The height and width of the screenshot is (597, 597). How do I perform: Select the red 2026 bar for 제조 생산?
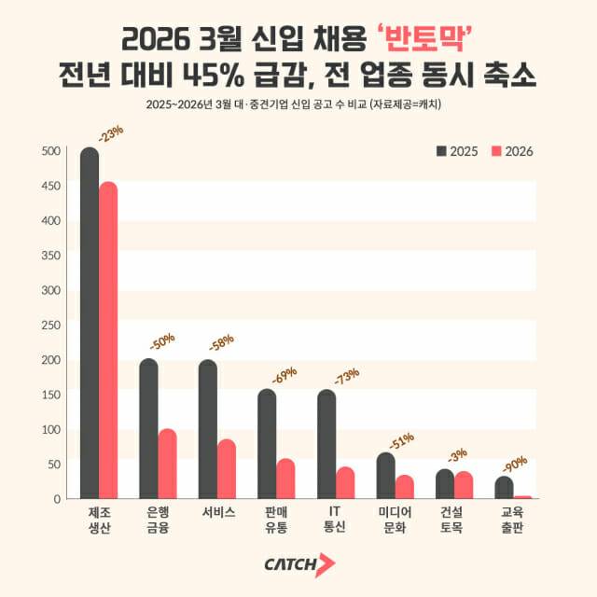point(108,340)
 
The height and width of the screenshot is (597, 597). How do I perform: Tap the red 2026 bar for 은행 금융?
point(167,465)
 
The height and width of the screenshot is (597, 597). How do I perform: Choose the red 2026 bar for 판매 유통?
point(285,479)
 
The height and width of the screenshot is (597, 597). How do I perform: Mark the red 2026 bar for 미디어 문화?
point(405,487)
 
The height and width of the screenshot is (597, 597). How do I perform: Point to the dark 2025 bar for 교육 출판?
point(504,488)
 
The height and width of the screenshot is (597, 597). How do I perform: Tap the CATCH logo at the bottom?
point(298,564)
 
